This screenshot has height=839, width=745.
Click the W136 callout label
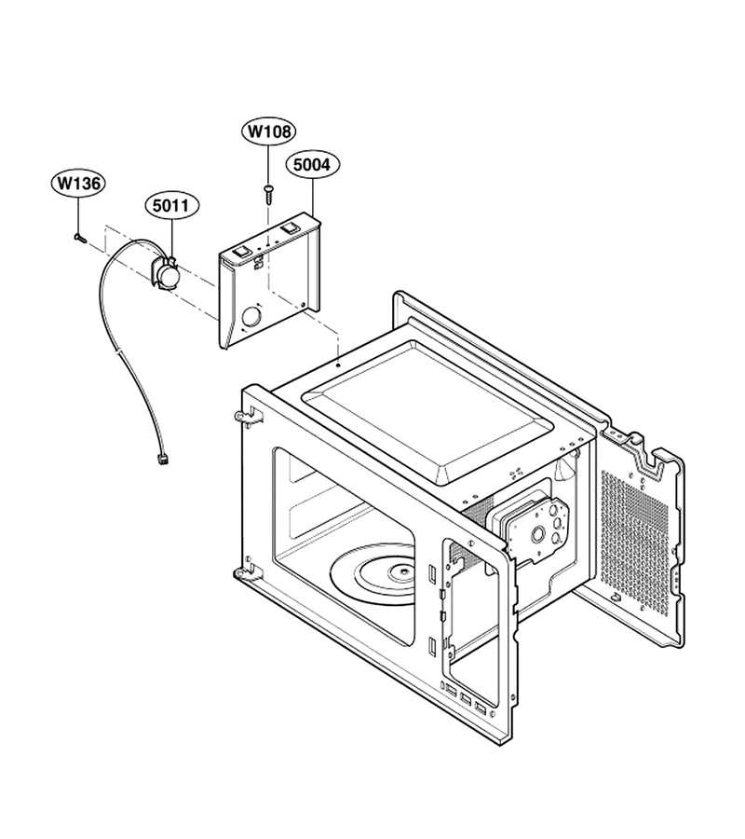click(x=79, y=184)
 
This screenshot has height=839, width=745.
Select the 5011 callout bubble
click(x=171, y=205)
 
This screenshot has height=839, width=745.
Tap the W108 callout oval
click(x=269, y=131)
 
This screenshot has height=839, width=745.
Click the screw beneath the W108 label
click(x=268, y=194)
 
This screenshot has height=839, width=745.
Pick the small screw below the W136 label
click(x=80, y=238)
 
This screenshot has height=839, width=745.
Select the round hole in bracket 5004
click(x=251, y=318)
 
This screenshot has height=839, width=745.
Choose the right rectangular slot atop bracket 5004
click(x=290, y=227)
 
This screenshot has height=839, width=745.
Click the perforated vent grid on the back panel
click(x=634, y=542)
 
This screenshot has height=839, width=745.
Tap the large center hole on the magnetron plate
click(x=536, y=533)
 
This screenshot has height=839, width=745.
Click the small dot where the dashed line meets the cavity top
click(x=339, y=366)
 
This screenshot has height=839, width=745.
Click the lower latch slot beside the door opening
click(x=431, y=645)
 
